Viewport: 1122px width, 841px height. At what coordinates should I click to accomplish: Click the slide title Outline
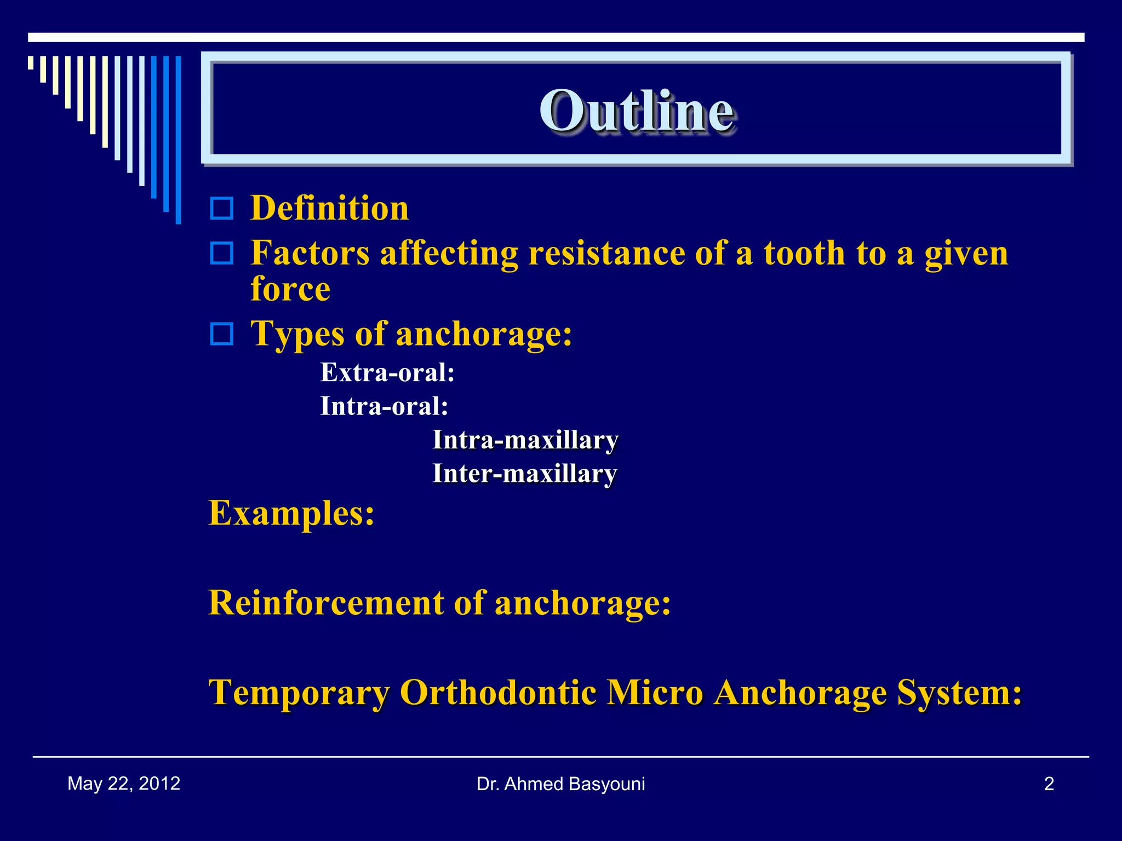pyautogui.click(x=637, y=111)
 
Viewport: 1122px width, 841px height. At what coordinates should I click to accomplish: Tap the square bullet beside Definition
pyautogui.click(x=222, y=209)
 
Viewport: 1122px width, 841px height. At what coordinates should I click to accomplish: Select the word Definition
pyautogui.click(x=329, y=209)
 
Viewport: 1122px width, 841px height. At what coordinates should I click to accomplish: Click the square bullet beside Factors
pyautogui.click(x=222, y=254)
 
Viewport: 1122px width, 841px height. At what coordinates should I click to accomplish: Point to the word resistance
pyautogui.click(x=606, y=254)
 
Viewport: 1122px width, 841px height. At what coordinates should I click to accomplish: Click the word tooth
pyautogui.click(x=804, y=254)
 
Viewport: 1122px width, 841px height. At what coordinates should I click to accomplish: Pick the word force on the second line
pyautogui.click(x=290, y=289)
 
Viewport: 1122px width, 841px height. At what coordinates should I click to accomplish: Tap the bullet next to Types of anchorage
pyautogui.click(x=222, y=333)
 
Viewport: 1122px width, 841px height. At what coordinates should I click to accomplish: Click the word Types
pyautogui.click(x=297, y=333)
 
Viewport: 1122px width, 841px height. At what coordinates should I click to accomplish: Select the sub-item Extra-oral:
pyautogui.click(x=387, y=373)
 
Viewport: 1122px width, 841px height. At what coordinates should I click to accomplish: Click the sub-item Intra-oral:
pyautogui.click(x=384, y=406)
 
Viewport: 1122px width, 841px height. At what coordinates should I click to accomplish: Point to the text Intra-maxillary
pyautogui.click(x=525, y=440)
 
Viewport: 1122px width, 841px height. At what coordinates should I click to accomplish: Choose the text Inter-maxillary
pyautogui.click(x=524, y=474)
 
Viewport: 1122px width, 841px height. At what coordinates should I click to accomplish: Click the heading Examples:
pyautogui.click(x=291, y=514)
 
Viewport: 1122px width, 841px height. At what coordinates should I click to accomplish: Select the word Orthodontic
pyautogui.click(x=498, y=693)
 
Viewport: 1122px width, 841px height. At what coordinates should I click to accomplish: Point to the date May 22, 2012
pyautogui.click(x=124, y=784)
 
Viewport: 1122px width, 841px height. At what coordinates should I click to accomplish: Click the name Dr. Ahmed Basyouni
pyautogui.click(x=560, y=784)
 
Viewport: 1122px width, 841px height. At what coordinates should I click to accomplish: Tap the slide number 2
pyautogui.click(x=1049, y=784)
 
